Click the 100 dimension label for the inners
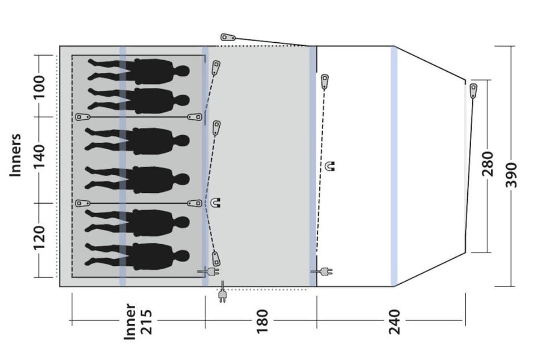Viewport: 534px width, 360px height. tap(39, 87)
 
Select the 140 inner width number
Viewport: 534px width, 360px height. tap(39, 156)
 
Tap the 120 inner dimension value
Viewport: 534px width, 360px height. tap(39, 238)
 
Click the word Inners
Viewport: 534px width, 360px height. tap(16, 155)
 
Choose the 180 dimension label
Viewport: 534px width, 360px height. tap(262, 322)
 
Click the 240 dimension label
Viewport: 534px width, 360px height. tap(394, 322)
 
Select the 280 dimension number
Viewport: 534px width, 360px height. tap(488, 164)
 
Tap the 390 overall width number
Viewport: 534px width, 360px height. tap(511, 175)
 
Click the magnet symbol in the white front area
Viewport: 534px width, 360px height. tap(330, 166)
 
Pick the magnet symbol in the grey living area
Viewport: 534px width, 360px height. tap(216, 203)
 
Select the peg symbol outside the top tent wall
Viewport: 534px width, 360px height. tap(228, 37)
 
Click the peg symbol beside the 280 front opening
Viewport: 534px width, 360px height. tap(473, 91)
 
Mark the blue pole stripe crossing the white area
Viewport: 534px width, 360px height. tap(394, 166)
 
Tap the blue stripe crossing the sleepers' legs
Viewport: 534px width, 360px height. tap(122, 166)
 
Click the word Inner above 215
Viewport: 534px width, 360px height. tap(130, 322)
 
